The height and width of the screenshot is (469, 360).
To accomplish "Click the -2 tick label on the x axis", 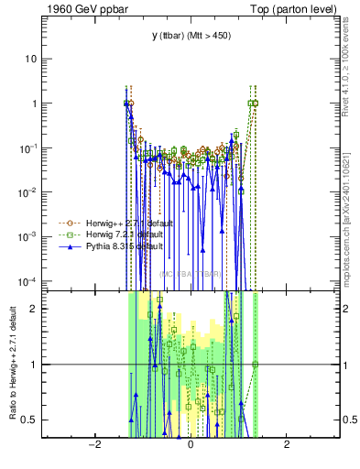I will tap(93, 445).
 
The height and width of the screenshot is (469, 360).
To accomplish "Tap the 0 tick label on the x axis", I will tap(190, 445).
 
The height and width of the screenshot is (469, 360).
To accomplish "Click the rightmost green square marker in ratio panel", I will tap(256, 365).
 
